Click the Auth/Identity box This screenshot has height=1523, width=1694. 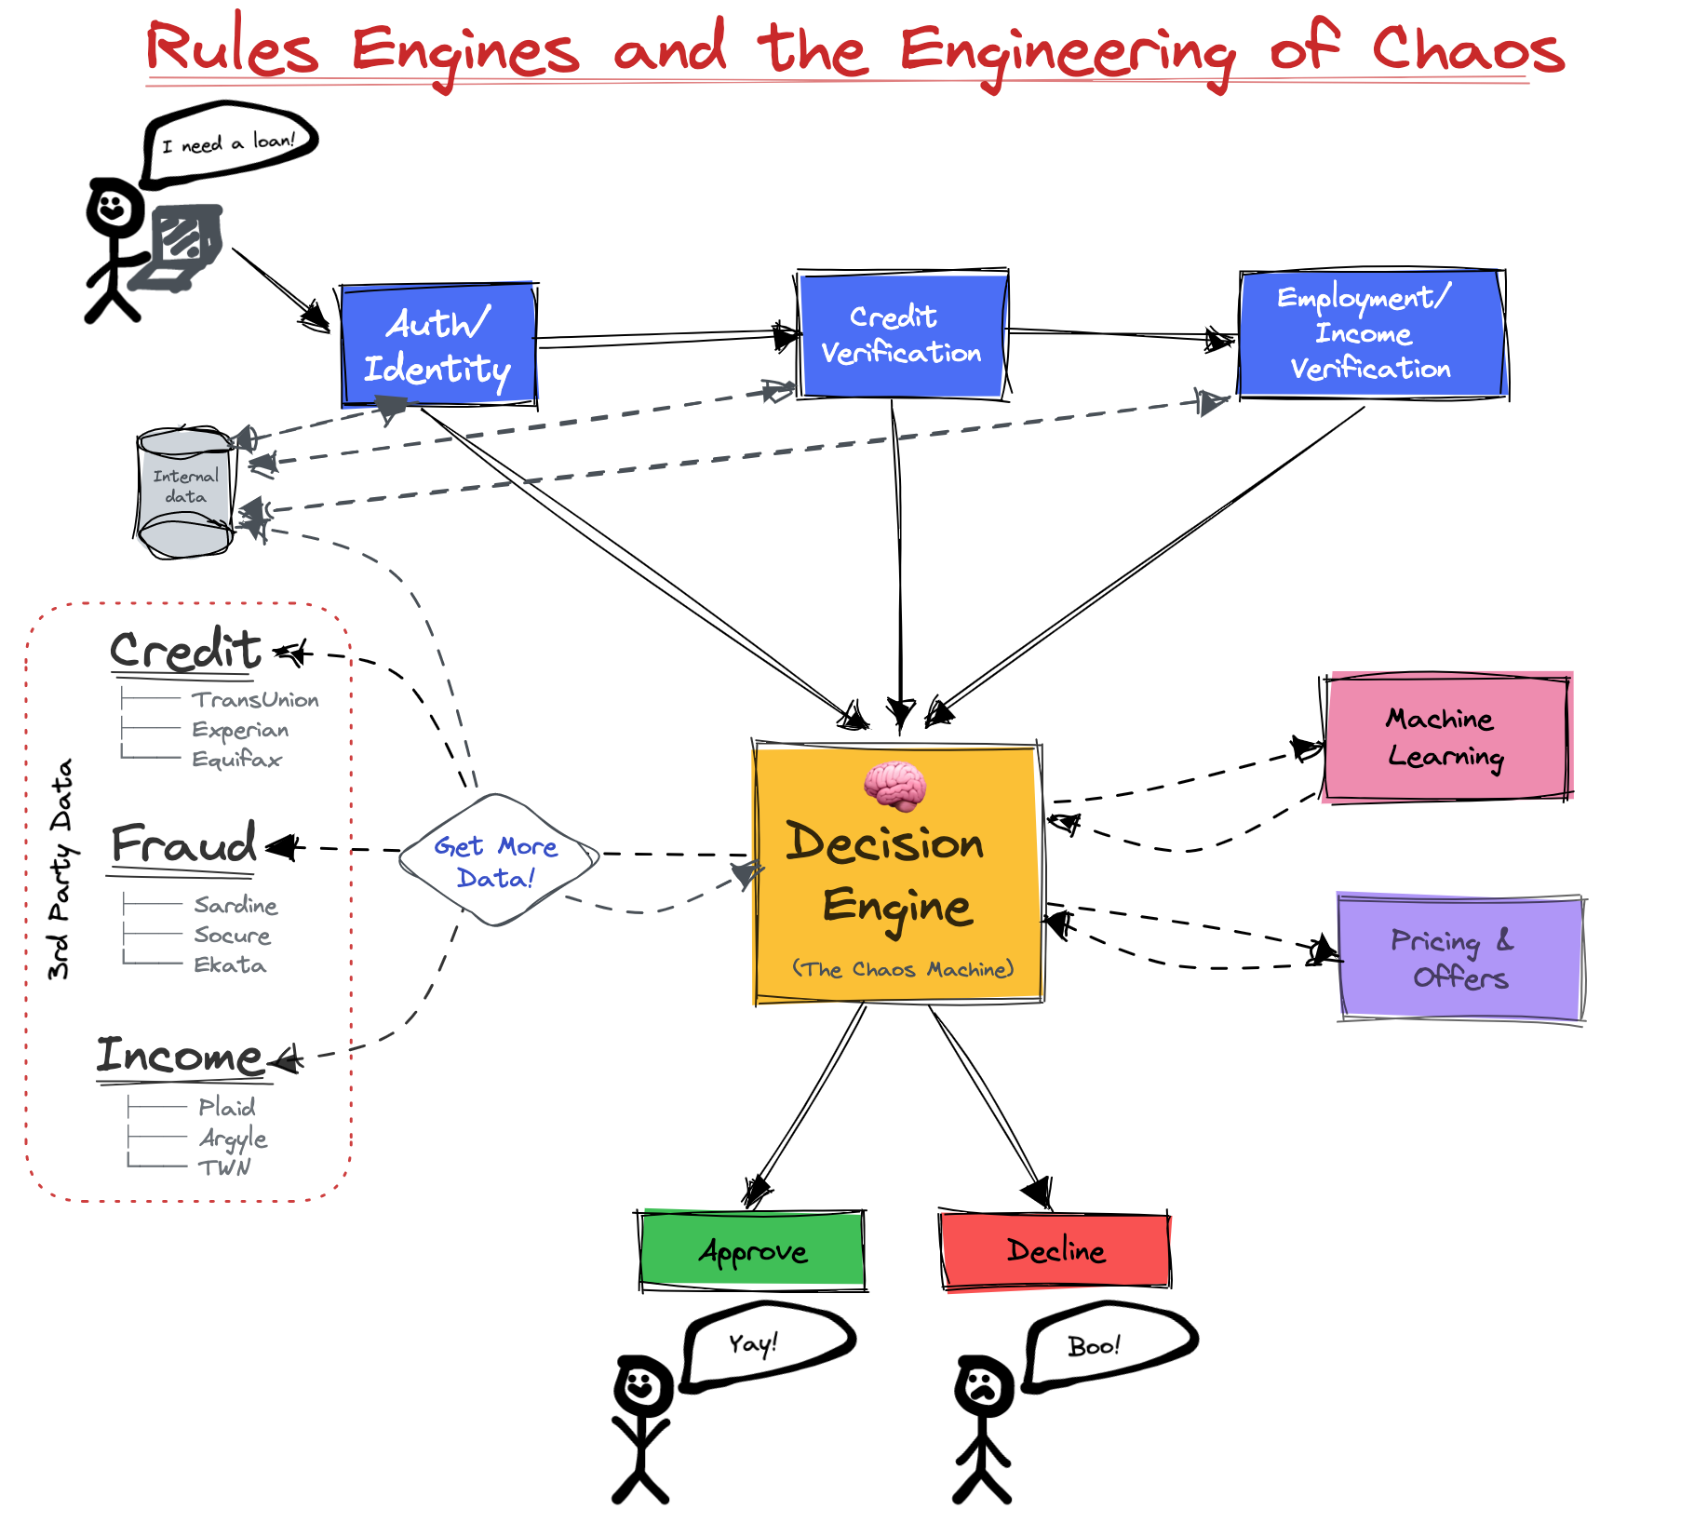tap(438, 345)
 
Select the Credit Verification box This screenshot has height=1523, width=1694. tap(902, 335)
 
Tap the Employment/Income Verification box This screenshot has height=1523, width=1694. tap(1372, 334)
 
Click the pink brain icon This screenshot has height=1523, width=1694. tap(894, 785)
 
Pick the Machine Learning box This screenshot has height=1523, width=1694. tap(1447, 736)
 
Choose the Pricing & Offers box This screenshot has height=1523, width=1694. tap(1461, 958)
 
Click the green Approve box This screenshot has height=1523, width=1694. tap(752, 1250)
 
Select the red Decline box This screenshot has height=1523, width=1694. tap(1055, 1251)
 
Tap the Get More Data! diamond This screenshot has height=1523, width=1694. tap(498, 860)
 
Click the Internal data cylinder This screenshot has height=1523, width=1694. tap(185, 492)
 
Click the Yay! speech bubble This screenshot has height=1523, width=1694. tap(767, 1345)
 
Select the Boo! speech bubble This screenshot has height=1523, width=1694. tap(1109, 1345)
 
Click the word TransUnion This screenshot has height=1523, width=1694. tap(255, 700)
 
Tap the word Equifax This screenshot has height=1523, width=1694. tap(236, 760)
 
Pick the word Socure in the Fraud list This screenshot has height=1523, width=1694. tap(232, 936)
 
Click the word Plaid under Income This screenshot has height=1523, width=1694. tap(226, 1107)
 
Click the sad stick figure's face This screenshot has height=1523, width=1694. tap(983, 1387)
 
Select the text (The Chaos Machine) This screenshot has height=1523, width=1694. tap(903, 969)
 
